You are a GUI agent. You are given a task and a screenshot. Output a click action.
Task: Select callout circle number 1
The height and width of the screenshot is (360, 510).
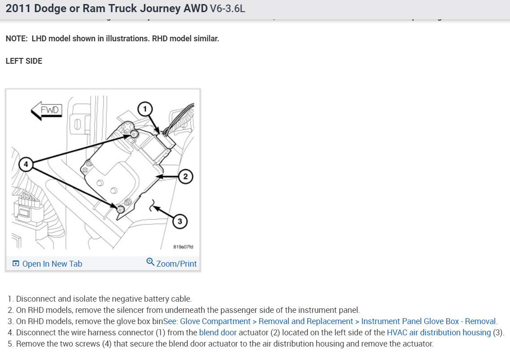144,108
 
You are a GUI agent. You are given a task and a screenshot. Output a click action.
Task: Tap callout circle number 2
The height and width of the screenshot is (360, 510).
186,176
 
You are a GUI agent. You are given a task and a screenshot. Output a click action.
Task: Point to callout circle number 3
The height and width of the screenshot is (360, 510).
180,221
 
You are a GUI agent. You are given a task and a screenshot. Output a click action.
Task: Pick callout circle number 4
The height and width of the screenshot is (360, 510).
26,164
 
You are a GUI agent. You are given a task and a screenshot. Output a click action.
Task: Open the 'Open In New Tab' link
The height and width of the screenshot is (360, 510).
52,264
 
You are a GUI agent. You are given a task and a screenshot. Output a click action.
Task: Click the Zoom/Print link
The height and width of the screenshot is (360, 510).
176,264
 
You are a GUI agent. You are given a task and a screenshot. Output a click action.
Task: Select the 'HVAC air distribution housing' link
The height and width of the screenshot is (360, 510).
439,333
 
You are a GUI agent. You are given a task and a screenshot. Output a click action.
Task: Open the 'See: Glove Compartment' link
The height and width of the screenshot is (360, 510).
207,321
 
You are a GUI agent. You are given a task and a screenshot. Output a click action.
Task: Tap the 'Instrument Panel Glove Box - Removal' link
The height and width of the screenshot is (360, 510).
428,321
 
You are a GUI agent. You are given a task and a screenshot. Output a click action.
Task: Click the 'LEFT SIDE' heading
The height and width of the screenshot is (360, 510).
24,61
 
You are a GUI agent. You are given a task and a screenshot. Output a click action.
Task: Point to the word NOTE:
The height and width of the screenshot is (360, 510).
17,39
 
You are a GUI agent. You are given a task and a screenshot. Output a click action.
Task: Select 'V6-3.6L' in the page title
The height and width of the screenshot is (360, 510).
227,9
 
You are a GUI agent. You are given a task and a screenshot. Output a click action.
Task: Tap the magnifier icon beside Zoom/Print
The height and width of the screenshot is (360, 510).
150,262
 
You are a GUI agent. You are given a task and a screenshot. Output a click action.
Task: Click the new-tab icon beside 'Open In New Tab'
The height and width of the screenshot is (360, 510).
16,264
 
